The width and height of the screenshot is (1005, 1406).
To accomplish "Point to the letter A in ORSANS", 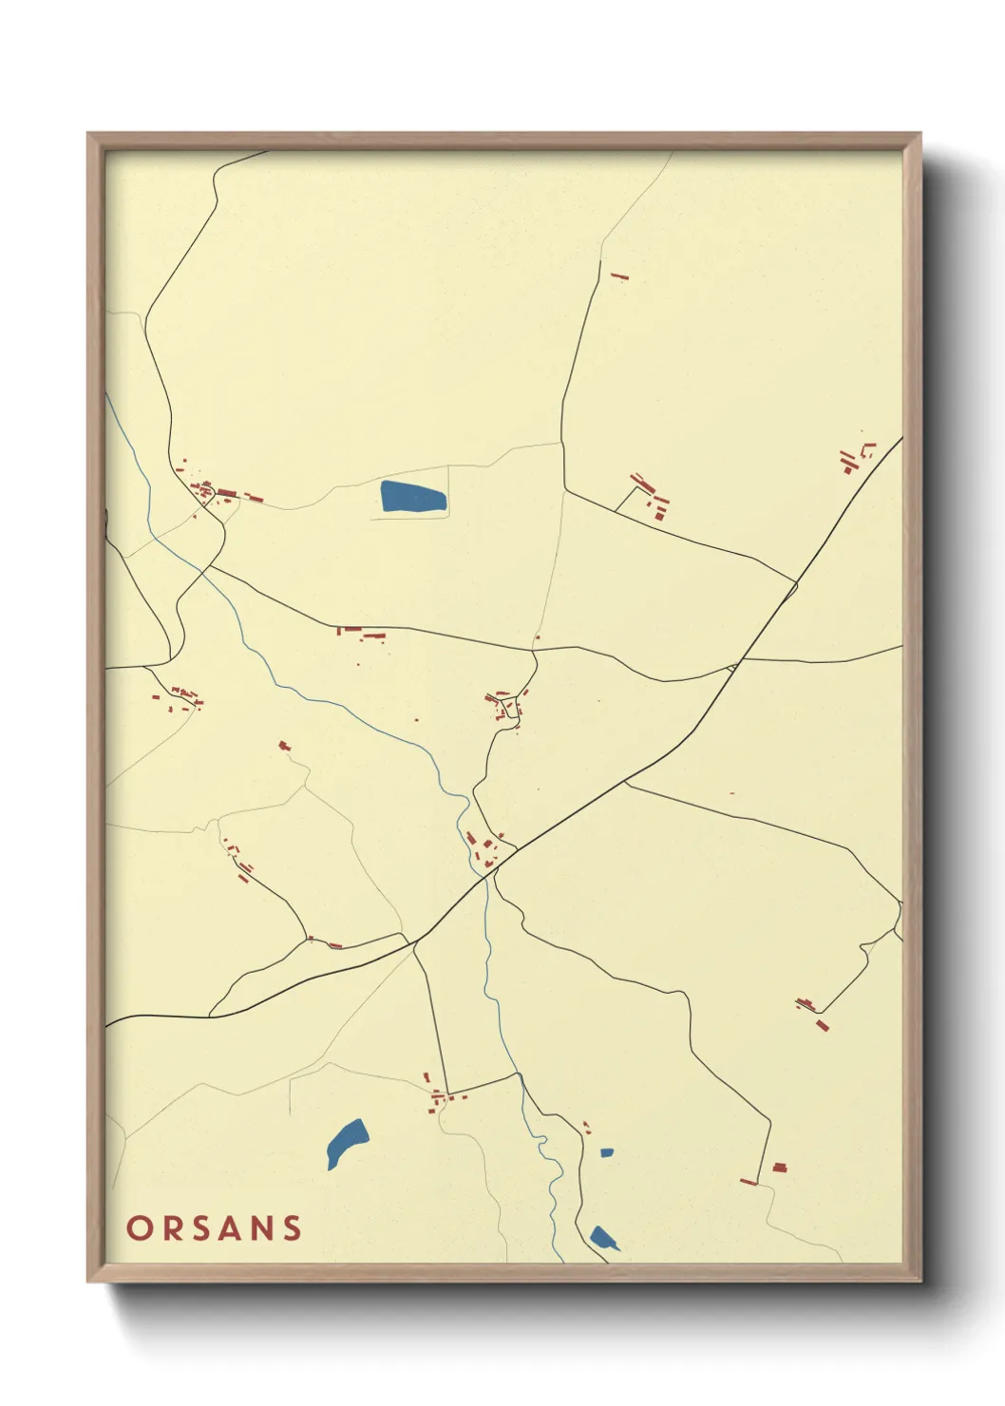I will coord(232,1227).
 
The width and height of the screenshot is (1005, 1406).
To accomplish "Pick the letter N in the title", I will coord(263,1227).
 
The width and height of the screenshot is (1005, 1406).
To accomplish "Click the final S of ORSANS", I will coord(293,1227).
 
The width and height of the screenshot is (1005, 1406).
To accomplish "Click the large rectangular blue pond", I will coord(412,498).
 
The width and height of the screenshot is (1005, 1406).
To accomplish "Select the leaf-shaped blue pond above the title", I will coord(347,1142).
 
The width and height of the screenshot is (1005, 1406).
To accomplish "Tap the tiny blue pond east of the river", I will coord(606,1153).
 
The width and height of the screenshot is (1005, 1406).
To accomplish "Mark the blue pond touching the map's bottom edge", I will coord(602,1238).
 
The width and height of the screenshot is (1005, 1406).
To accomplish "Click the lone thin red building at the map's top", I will coord(620,276).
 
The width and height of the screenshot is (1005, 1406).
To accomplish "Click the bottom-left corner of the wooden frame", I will coord(89,1280).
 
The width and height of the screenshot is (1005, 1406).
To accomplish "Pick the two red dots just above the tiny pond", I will coord(586,1128).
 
